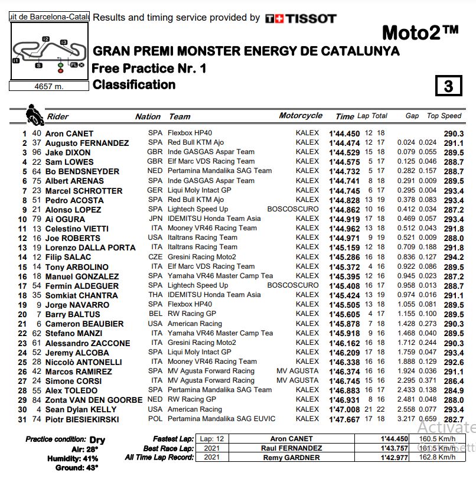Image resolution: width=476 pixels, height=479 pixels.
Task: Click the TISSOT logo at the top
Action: (301, 18)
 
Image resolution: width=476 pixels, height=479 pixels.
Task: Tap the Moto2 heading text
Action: (420, 32)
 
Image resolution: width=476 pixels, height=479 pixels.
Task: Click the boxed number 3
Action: (448, 86)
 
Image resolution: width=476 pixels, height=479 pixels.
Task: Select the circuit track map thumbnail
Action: (49, 51)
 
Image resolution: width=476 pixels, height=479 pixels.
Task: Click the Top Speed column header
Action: (444, 116)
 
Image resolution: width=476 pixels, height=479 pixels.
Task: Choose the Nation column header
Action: (148, 116)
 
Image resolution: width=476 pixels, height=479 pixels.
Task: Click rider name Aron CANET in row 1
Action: (69, 133)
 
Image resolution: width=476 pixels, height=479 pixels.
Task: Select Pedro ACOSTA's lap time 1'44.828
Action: (344, 200)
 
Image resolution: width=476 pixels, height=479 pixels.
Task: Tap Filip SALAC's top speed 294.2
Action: (454, 257)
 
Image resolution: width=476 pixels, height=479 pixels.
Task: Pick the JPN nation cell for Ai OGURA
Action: (155, 219)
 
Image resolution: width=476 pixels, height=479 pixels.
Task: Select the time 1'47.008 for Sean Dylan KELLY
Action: (344, 409)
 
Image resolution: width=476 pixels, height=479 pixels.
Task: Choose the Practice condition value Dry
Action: (97, 439)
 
